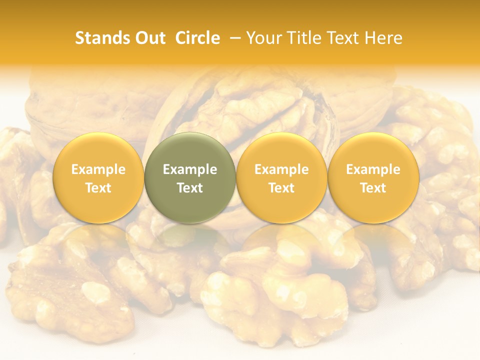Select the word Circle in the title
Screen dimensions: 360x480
(197, 38)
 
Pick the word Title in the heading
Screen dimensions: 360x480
(303, 38)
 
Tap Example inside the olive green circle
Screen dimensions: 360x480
(190, 169)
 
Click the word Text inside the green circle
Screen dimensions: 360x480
(190, 188)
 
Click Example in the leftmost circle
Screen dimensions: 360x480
(98, 169)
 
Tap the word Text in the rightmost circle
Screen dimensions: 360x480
(373, 188)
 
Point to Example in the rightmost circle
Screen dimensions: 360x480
(373, 169)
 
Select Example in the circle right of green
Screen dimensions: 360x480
(281, 169)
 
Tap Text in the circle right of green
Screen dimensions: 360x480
(281, 188)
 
